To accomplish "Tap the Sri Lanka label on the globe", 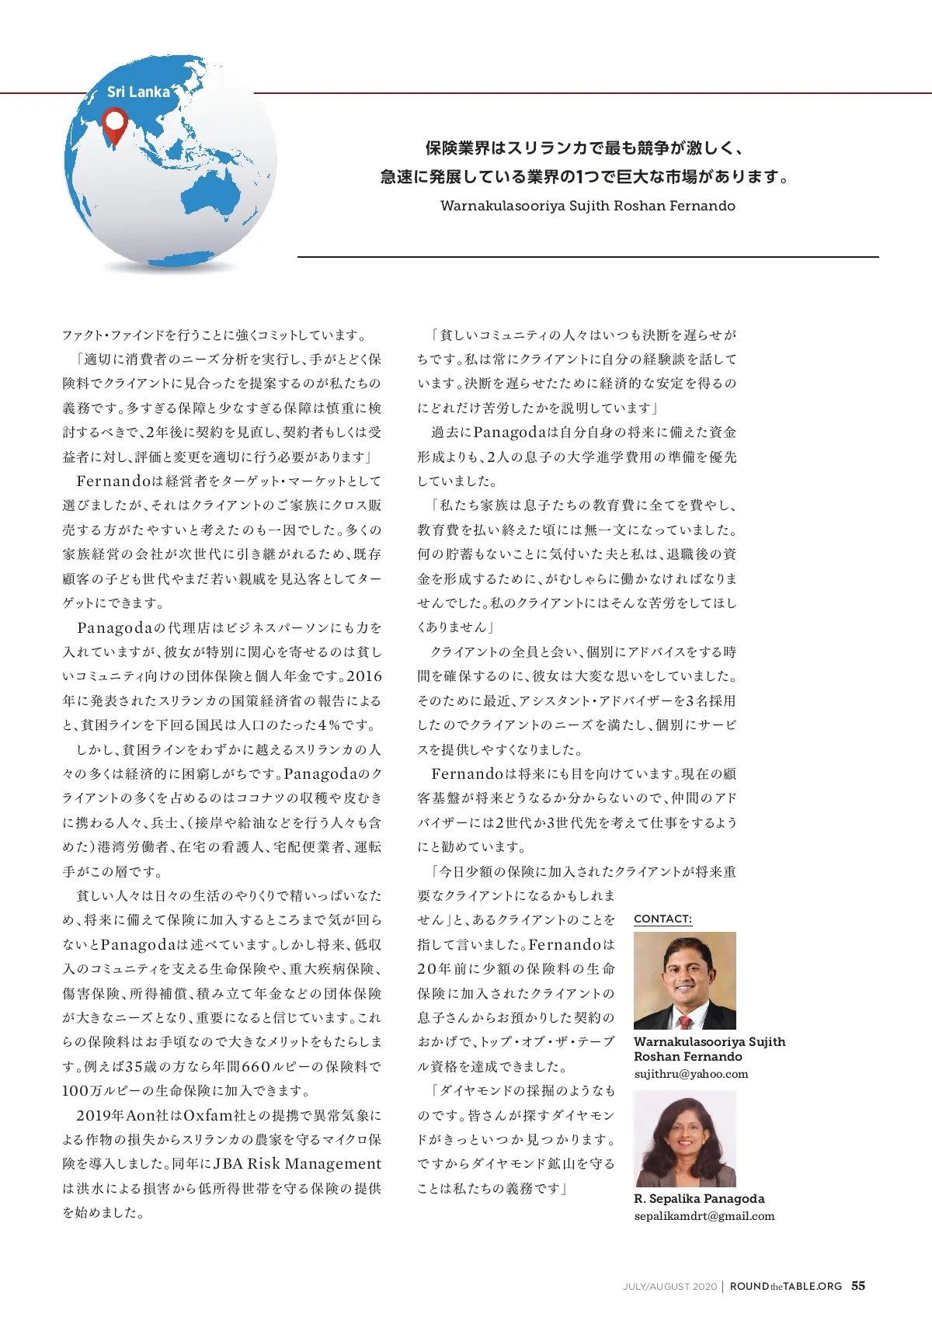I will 138,92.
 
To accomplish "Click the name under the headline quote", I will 587,206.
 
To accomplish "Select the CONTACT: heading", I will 662,919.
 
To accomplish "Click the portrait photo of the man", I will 684,980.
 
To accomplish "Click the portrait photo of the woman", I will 684,1138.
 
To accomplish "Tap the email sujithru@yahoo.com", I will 691,1074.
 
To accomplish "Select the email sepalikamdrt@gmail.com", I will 704,1216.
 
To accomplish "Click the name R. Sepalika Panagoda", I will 699,1198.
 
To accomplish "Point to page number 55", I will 858,1285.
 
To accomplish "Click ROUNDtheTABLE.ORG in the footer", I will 786,1286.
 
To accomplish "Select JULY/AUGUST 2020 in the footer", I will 669,1287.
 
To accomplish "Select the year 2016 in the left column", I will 364,676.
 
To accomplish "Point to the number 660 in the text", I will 256,1066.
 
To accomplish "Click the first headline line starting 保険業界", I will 583,148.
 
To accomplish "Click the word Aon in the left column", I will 141,1115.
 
